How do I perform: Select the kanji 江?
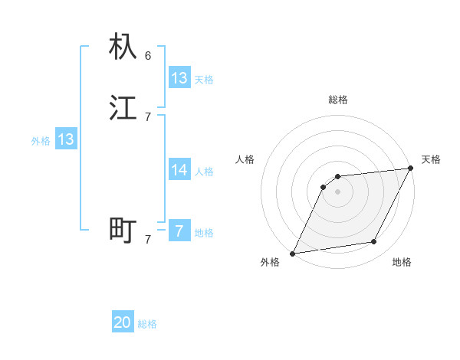(123, 108)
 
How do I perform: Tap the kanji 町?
(123, 229)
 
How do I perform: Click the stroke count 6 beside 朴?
(148, 55)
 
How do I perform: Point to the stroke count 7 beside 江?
(148, 117)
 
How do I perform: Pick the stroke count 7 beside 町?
(148, 239)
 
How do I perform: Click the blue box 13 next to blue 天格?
(179, 78)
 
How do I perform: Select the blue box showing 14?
(179, 170)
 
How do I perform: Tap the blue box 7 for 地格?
(179, 231)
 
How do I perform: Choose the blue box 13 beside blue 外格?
(66, 140)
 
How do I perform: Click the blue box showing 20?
(123, 322)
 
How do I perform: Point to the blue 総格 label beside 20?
(147, 324)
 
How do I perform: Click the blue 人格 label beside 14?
(204, 172)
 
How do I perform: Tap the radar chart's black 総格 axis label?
(338, 100)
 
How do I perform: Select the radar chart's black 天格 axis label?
(431, 159)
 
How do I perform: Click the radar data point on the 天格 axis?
(411, 169)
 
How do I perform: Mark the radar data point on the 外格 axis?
(292, 254)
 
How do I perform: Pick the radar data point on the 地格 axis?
(374, 242)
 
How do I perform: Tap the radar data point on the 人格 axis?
(324, 187)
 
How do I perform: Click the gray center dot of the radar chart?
(338, 191)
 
